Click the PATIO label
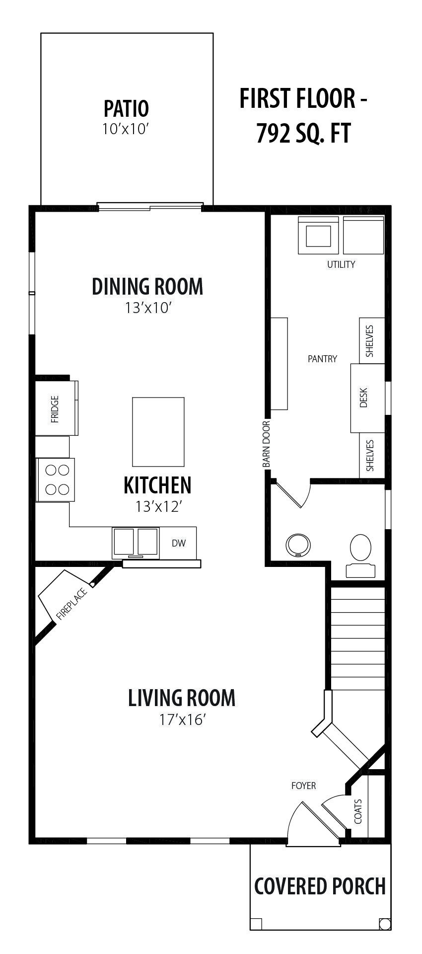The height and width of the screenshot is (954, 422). pos(126,108)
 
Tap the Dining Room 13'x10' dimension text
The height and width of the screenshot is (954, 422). pos(148,308)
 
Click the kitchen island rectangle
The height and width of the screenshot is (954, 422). pos(158,432)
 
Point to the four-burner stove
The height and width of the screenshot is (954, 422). pos(56,479)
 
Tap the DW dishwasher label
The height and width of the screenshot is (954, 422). pos(179,543)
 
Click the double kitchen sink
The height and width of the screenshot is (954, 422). pos(136,542)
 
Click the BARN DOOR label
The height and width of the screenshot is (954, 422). pos(266,444)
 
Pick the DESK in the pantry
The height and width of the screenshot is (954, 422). pos(368,398)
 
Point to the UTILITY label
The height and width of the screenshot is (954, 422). pos(341,264)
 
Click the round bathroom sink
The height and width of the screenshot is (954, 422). pos(298,545)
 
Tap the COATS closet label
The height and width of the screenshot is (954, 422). pos(358,811)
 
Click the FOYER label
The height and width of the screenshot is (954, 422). pos(303,786)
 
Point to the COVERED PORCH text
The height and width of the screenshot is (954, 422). pos(320,886)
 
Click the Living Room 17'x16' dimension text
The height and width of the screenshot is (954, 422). pos(182,719)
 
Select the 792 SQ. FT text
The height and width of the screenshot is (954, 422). pos(303,133)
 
